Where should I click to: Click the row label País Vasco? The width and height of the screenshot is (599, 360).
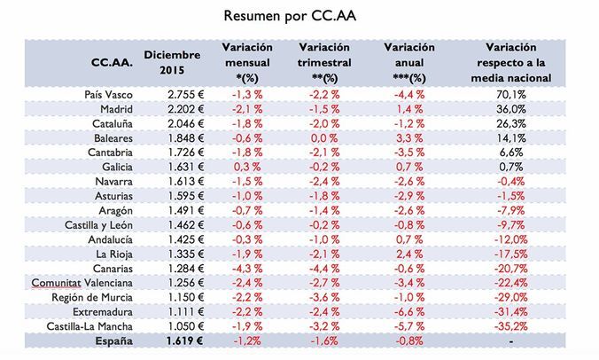tap(105, 95)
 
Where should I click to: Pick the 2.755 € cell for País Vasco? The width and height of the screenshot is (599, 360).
tap(184, 95)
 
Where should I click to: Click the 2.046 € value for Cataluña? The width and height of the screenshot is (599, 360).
tap(184, 123)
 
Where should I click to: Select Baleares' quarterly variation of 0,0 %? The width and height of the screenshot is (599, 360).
tap(325, 138)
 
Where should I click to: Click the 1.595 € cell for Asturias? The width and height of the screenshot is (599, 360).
tap(184, 195)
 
